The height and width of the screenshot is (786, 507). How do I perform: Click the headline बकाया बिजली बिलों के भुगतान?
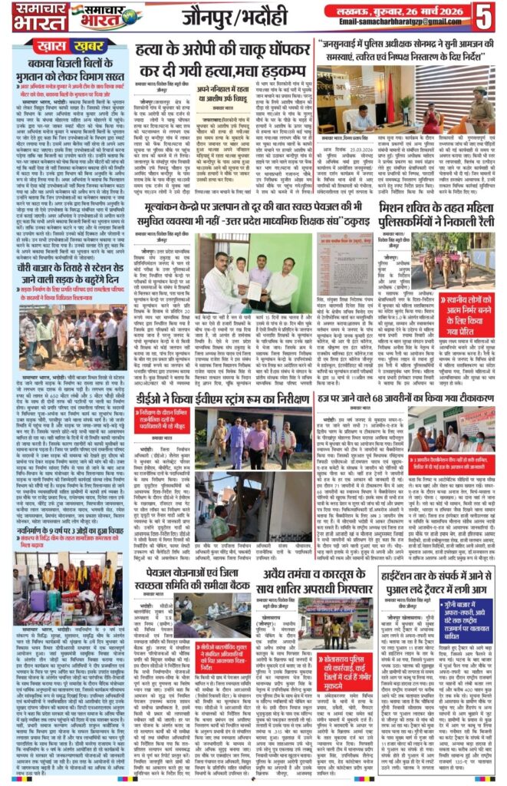point(54,63)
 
